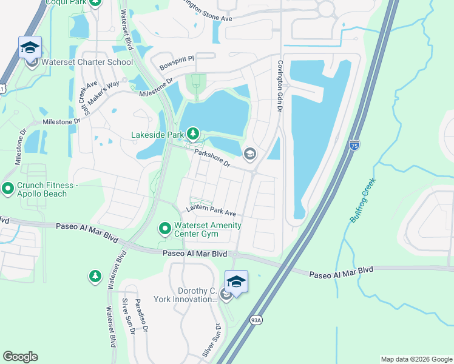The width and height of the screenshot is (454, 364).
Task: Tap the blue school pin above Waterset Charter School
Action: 30,47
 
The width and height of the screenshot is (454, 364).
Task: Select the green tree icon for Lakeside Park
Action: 193,132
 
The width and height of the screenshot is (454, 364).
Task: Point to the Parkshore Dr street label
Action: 212,159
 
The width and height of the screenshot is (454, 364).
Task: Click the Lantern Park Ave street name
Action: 211,211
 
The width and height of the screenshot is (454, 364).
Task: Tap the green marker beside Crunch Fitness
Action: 8,189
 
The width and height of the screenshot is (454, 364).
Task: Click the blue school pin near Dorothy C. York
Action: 236,281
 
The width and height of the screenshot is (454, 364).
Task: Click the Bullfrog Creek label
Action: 363,200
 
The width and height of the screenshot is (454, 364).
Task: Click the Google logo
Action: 20,357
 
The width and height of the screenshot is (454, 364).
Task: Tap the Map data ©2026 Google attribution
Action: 416,359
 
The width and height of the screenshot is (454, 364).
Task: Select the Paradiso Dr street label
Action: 142,315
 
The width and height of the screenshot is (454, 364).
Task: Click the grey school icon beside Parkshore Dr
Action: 249,155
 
